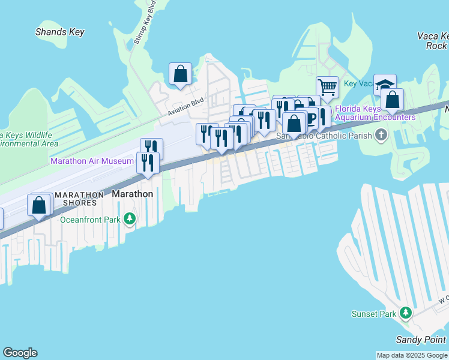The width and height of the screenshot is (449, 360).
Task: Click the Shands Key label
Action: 60,32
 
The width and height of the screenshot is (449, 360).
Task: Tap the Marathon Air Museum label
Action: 92,161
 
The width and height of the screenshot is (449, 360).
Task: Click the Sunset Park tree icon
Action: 406,314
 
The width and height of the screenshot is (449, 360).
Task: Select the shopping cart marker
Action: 327,86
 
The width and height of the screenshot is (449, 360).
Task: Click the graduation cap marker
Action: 385,85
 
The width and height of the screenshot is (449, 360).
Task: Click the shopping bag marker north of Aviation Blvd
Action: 180,74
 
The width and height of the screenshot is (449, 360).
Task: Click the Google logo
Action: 20,353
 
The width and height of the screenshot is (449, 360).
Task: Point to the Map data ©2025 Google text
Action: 412,355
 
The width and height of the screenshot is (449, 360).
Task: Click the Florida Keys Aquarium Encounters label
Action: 375,113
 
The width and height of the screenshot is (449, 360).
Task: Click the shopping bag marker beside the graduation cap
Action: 392,100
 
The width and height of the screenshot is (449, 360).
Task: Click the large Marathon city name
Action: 133,194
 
